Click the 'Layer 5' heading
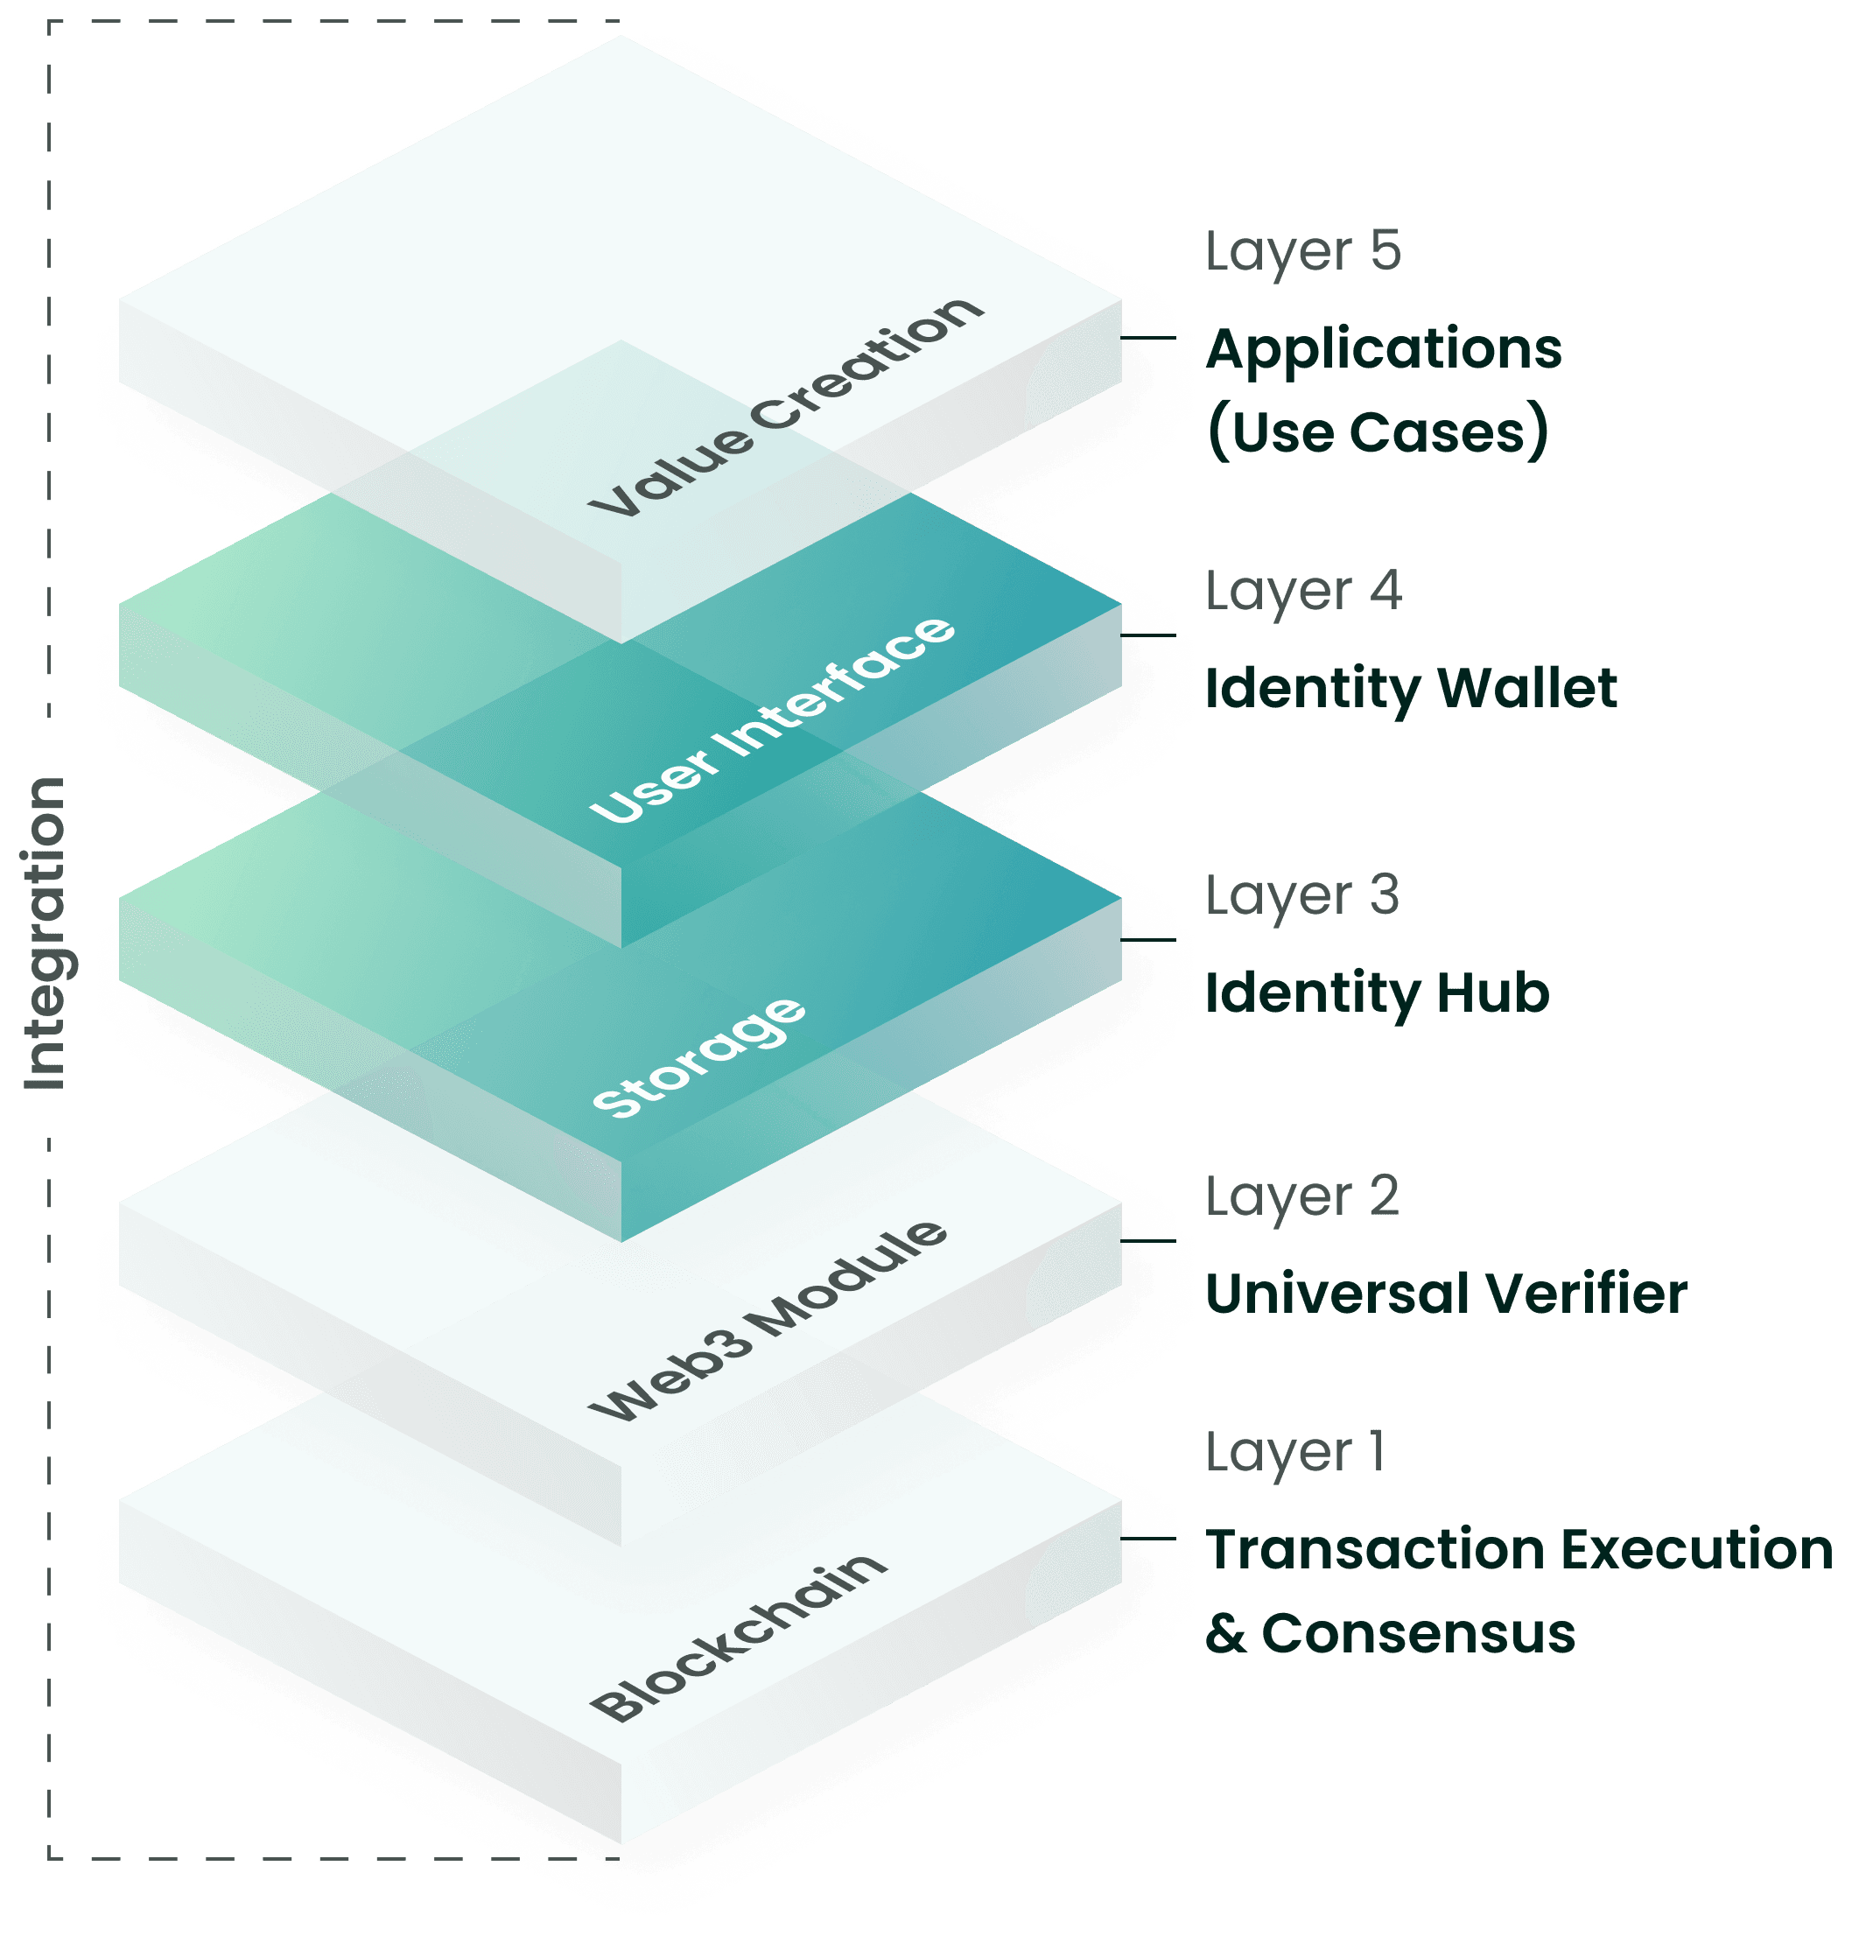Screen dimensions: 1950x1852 coord(1301,253)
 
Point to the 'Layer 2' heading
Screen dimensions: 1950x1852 coord(1301,1197)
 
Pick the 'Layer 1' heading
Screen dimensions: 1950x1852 coord(1294,1452)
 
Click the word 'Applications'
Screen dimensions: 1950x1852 coord(1382,350)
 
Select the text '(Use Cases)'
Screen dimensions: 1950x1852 coord(1376,432)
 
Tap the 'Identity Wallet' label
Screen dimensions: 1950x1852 coord(1410,688)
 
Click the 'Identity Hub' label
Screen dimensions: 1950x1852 coord(1376,993)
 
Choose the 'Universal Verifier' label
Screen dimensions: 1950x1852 coord(1445,1294)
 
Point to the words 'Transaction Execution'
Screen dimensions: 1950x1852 coord(1519,1548)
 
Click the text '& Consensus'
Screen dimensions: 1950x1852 coord(1389,1633)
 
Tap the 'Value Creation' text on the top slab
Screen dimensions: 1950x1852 coord(786,407)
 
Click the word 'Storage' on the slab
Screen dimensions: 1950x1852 coord(698,1057)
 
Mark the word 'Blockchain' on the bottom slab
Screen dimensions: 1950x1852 coord(738,1636)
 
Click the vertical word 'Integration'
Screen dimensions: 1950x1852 coord(45,934)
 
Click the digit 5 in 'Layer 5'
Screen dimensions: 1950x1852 coord(1385,251)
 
